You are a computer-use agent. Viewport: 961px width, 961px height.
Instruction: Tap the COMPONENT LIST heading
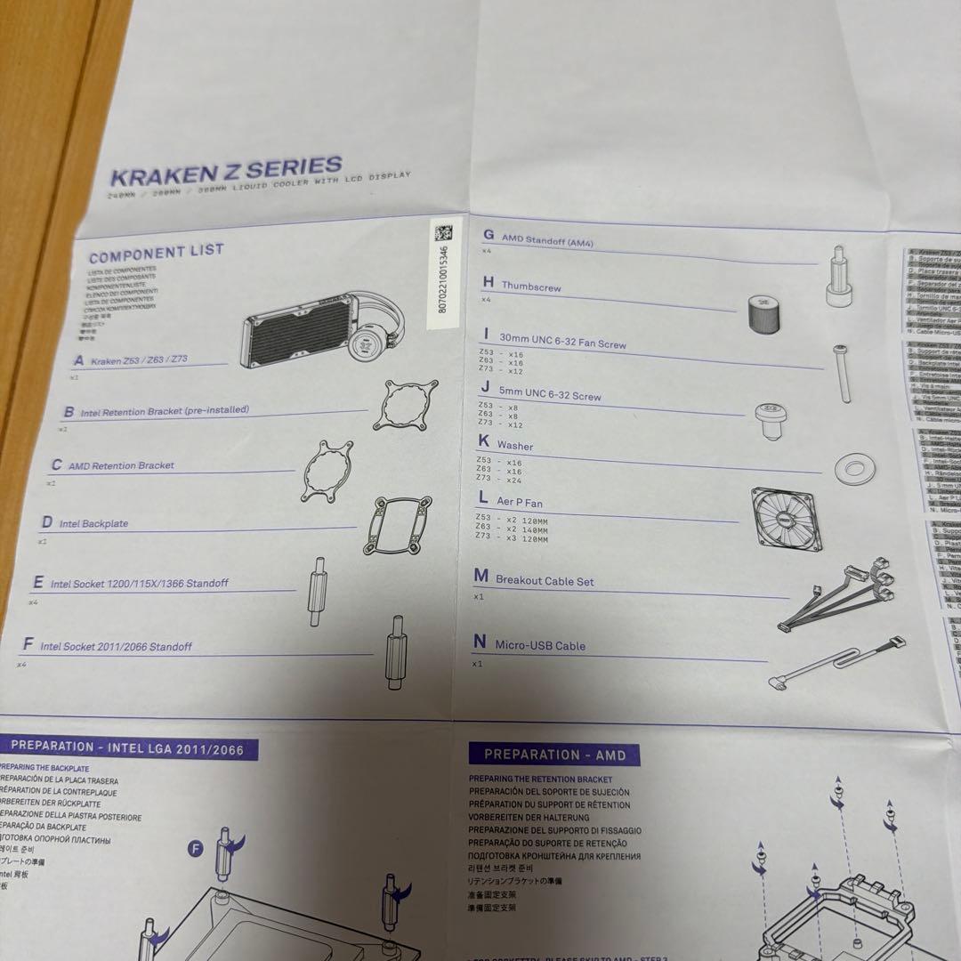point(156,252)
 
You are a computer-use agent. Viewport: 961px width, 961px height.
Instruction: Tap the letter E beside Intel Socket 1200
point(38,583)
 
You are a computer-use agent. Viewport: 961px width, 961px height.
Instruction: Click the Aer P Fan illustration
point(786,518)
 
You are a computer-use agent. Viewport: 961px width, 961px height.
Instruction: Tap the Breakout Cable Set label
point(544,581)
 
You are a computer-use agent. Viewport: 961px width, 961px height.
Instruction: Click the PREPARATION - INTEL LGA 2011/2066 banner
point(126,747)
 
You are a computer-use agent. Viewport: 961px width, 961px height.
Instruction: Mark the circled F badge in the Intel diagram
point(196,850)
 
